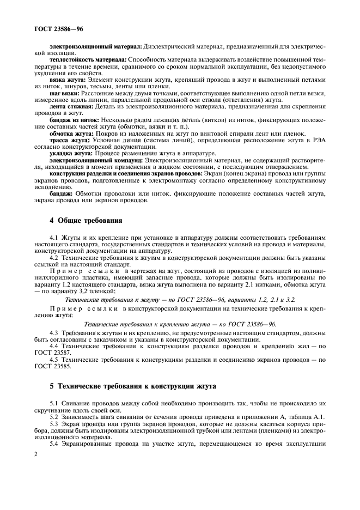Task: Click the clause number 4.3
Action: [54, 332]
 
